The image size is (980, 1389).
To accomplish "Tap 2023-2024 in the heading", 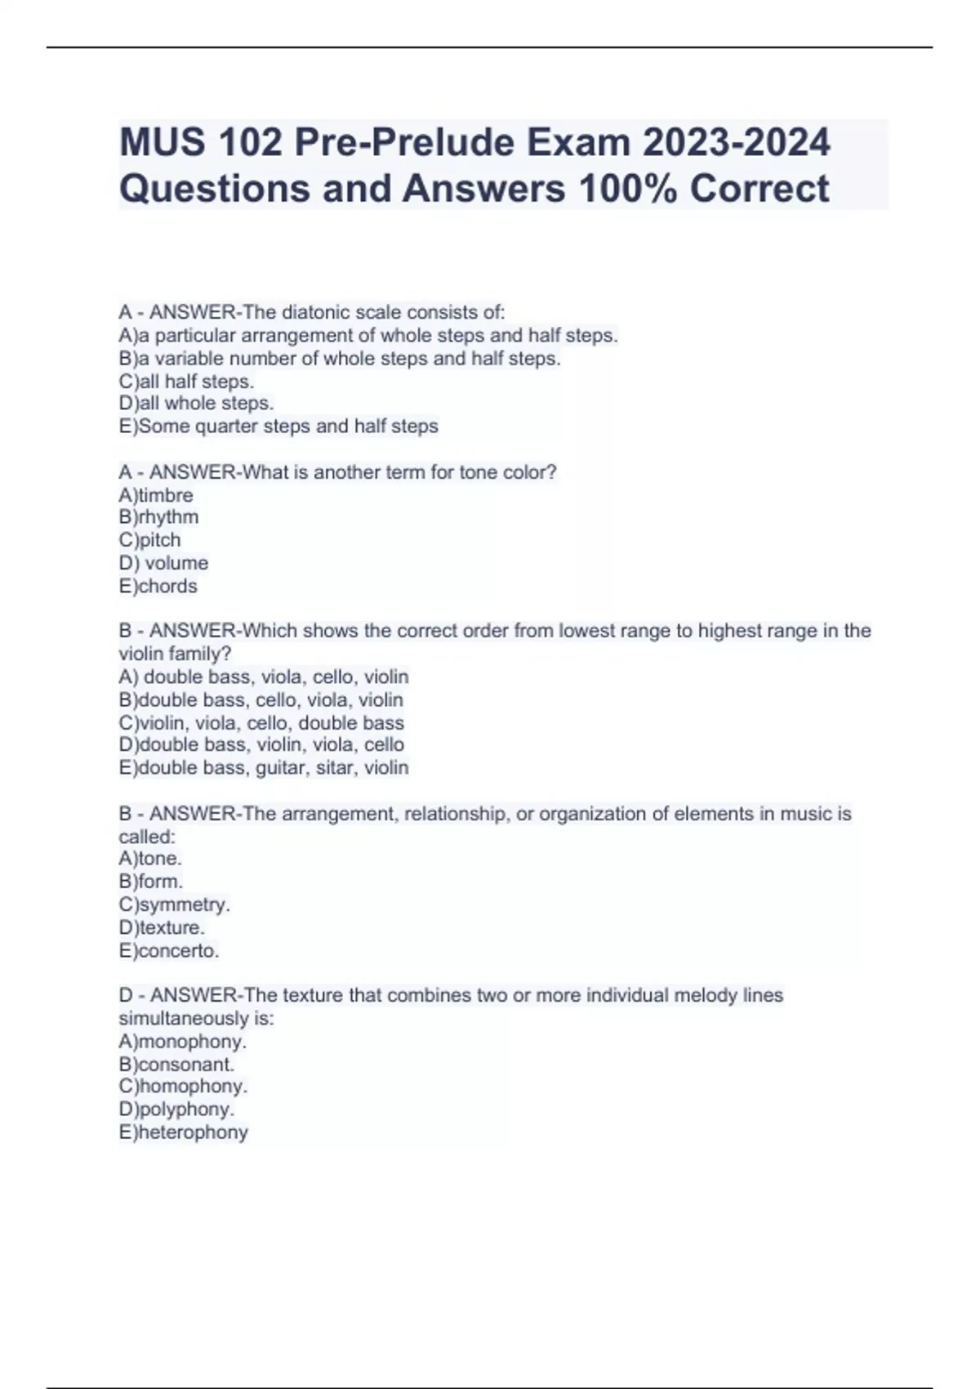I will pos(736,143).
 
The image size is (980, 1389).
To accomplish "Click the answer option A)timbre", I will pos(156,495).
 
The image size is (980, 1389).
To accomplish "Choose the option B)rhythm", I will pos(158,517).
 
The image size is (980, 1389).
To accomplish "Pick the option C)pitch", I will pos(149,540).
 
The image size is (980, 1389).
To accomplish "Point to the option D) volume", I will pos(163,563).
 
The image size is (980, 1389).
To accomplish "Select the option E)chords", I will pos(158,586).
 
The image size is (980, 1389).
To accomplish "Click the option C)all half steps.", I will pos(186,382).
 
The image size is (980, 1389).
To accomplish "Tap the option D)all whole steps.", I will pos(196,404).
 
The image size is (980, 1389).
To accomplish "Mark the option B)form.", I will pos(150,882).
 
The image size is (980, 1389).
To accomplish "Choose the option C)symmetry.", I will pos(174,904).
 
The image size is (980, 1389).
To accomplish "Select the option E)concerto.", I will pos(169,951).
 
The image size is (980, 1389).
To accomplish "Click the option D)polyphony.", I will pos(176,1110).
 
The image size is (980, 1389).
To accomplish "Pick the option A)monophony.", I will pos(182,1042).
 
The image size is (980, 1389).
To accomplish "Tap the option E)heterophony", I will pos(183,1132).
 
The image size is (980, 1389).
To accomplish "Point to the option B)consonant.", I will pos(176,1065).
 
